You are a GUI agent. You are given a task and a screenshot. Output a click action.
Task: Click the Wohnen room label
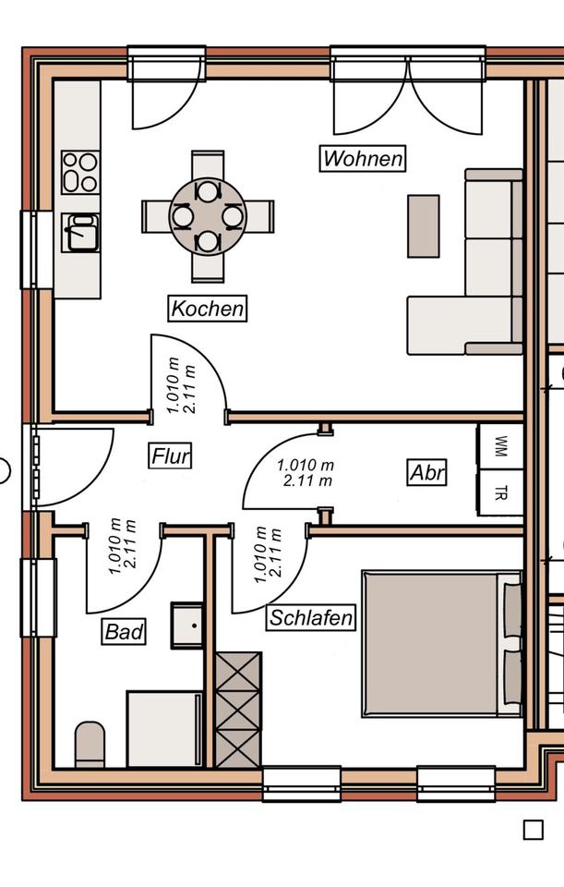pos(364,159)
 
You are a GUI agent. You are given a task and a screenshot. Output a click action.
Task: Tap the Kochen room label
pos(208,308)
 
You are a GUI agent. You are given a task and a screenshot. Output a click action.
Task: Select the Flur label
pos(171,456)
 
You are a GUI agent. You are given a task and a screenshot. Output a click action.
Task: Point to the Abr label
pos(427,473)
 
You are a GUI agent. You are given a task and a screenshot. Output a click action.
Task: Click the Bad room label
pos(124,632)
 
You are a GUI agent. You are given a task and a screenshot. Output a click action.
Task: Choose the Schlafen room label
pos(312,618)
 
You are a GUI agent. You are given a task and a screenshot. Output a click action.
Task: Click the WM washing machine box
pos(500,445)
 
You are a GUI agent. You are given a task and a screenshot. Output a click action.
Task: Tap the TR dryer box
pos(500,492)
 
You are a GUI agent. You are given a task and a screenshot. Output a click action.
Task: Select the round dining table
pos(208,216)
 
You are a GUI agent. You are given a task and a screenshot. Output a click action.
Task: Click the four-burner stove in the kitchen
pos(79,173)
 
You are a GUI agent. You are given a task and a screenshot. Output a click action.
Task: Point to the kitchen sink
pos(79,232)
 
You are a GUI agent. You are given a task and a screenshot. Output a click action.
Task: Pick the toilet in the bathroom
pos(90,744)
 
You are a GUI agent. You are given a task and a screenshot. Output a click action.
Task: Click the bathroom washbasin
pos(187,625)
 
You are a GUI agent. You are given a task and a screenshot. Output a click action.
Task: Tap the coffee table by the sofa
pos(424,225)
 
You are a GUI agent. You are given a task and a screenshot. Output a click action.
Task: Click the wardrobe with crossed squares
pos(238,709)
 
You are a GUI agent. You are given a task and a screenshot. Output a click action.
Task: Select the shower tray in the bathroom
pos(164,728)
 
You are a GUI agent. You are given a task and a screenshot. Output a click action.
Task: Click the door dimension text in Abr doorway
pos(305,472)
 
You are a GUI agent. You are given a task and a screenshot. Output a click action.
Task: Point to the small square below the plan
pos(533,829)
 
